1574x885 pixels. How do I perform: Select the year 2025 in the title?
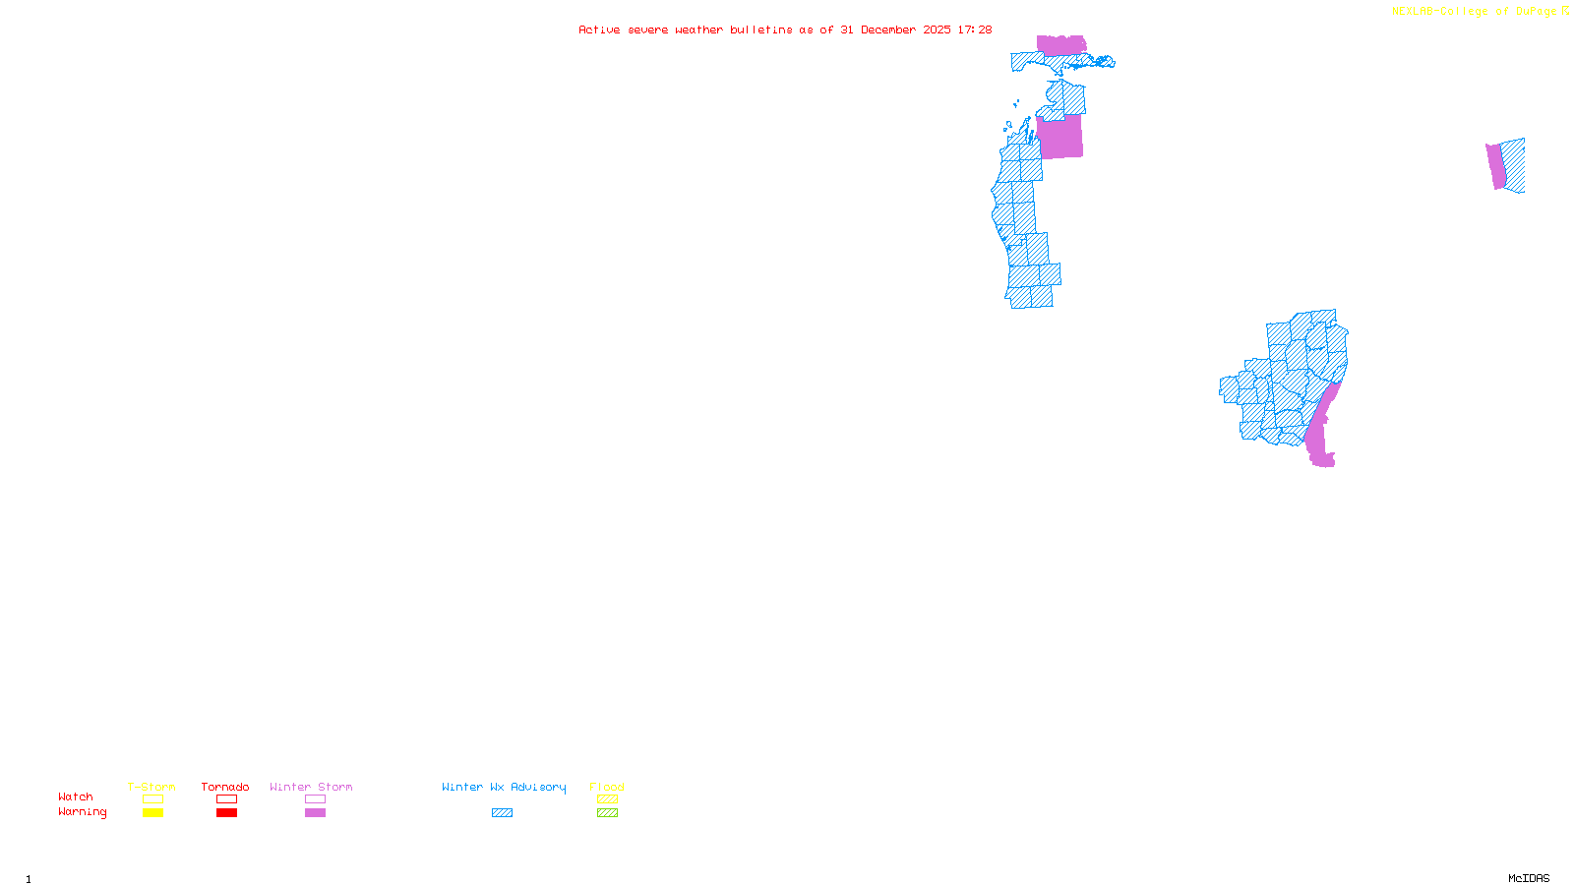point(937,29)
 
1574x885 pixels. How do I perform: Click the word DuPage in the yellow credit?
point(1536,11)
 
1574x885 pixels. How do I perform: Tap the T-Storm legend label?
point(151,787)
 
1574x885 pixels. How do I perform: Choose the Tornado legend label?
point(225,787)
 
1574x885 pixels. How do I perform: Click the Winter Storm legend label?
point(311,787)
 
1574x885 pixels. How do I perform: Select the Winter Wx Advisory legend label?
point(504,787)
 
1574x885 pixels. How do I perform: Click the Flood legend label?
point(607,787)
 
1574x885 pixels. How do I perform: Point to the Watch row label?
point(76,796)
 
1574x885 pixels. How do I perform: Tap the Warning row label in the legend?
point(83,812)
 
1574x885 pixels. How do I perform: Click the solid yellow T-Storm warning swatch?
point(152,813)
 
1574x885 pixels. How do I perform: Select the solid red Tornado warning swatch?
point(226,813)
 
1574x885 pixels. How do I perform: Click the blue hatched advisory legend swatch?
point(502,813)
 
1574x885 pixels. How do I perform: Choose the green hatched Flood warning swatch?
point(607,813)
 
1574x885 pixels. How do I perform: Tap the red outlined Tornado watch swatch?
point(226,799)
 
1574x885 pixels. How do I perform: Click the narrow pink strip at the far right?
point(1496,166)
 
